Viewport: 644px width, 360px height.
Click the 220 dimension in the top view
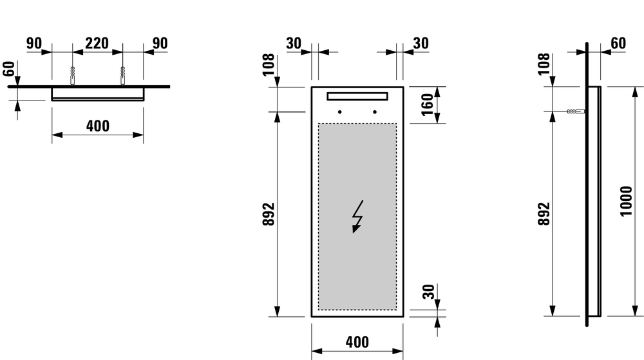[x=97, y=43]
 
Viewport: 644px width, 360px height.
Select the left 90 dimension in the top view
[x=34, y=43]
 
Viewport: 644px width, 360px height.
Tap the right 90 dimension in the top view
[x=160, y=43]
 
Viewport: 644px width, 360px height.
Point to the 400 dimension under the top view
[x=97, y=126]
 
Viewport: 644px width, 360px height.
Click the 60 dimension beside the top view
[x=8, y=68]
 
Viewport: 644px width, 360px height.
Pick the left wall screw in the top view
[x=73, y=75]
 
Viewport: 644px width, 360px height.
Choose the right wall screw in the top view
[x=122, y=75]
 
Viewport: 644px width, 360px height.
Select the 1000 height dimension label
[x=627, y=202]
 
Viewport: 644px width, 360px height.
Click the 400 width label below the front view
[x=357, y=343]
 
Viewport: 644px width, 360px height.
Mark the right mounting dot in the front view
[x=374, y=112]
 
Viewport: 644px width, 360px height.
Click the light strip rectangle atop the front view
[x=357, y=97]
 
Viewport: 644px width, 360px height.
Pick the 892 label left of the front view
[x=269, y=214]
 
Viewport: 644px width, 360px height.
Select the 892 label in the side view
[x=544, y=214]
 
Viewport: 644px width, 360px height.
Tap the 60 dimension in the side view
[x=618, y=43]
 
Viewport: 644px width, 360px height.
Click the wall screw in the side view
[x=575, y=111]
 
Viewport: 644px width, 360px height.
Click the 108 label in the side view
[x=544, y=65]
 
